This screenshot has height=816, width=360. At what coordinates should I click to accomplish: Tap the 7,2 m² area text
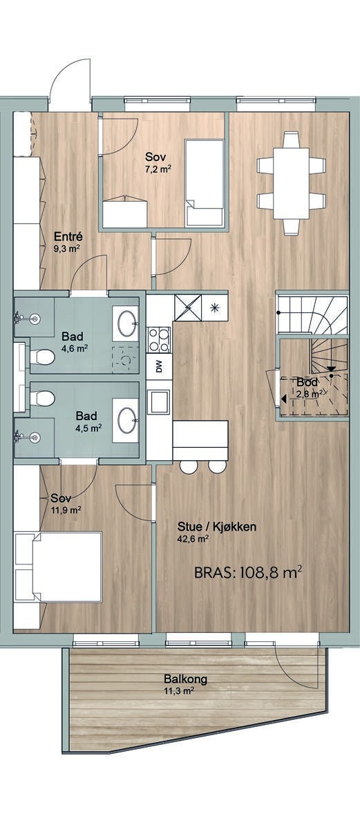click(x=158, y=168)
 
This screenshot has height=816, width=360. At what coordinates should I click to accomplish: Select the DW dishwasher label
click(x=159, y=367)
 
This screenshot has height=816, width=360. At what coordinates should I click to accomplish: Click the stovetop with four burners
click(x=159, y=339)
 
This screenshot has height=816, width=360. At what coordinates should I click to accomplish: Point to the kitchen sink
click(x=159, y=401)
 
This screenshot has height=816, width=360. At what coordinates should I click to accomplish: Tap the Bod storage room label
click(x=307, y=383)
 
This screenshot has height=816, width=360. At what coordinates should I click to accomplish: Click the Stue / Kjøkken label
click(x=216, y=527)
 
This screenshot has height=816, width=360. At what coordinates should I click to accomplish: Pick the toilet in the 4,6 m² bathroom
click(x=41, y=357)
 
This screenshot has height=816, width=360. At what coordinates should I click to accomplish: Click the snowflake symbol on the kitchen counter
click(x=214, y=307)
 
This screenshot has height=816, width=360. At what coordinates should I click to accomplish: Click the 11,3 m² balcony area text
click(x=178, y=692)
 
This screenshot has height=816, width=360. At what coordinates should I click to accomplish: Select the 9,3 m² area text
click(x=67, y=249)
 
